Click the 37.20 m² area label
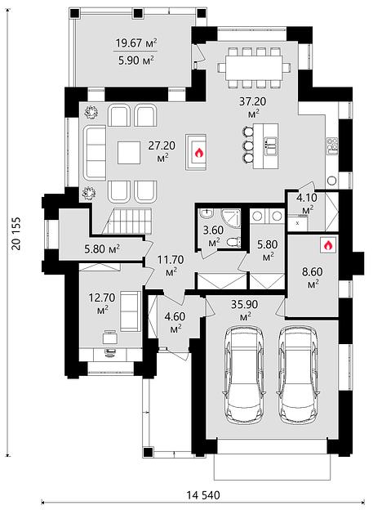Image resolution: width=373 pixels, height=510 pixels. coord(252,107)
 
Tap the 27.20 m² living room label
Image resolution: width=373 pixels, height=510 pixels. coord(162,151)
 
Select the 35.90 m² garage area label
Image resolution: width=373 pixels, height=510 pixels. coord(245,310)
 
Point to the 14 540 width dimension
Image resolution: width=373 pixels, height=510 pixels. coord(203,495)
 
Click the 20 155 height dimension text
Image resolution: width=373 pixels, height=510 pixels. coord(16,233)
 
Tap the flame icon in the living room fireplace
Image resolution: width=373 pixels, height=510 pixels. coord(198,152)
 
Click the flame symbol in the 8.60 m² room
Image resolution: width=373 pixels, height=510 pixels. coord(327,245)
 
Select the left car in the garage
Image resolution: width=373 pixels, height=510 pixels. coord(244,374)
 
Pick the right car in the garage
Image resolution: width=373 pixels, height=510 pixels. coord(299,374)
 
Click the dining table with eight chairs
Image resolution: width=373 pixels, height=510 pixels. coord(255,68)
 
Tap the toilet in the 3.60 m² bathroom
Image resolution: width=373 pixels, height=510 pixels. coord(234,241)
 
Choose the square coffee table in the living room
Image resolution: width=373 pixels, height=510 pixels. coord(129,152)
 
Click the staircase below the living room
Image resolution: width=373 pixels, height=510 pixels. coord(127,221)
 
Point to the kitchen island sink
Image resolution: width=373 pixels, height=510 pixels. coord(271,145)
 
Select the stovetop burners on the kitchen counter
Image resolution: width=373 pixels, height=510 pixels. coord(332,145)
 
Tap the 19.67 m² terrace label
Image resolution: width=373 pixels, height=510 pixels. coord(136,43)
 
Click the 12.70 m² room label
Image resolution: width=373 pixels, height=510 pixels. coord(102,303)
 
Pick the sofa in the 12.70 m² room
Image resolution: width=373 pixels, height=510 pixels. coord(131,311)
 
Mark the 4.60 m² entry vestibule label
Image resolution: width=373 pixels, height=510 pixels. coord(175,322)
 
